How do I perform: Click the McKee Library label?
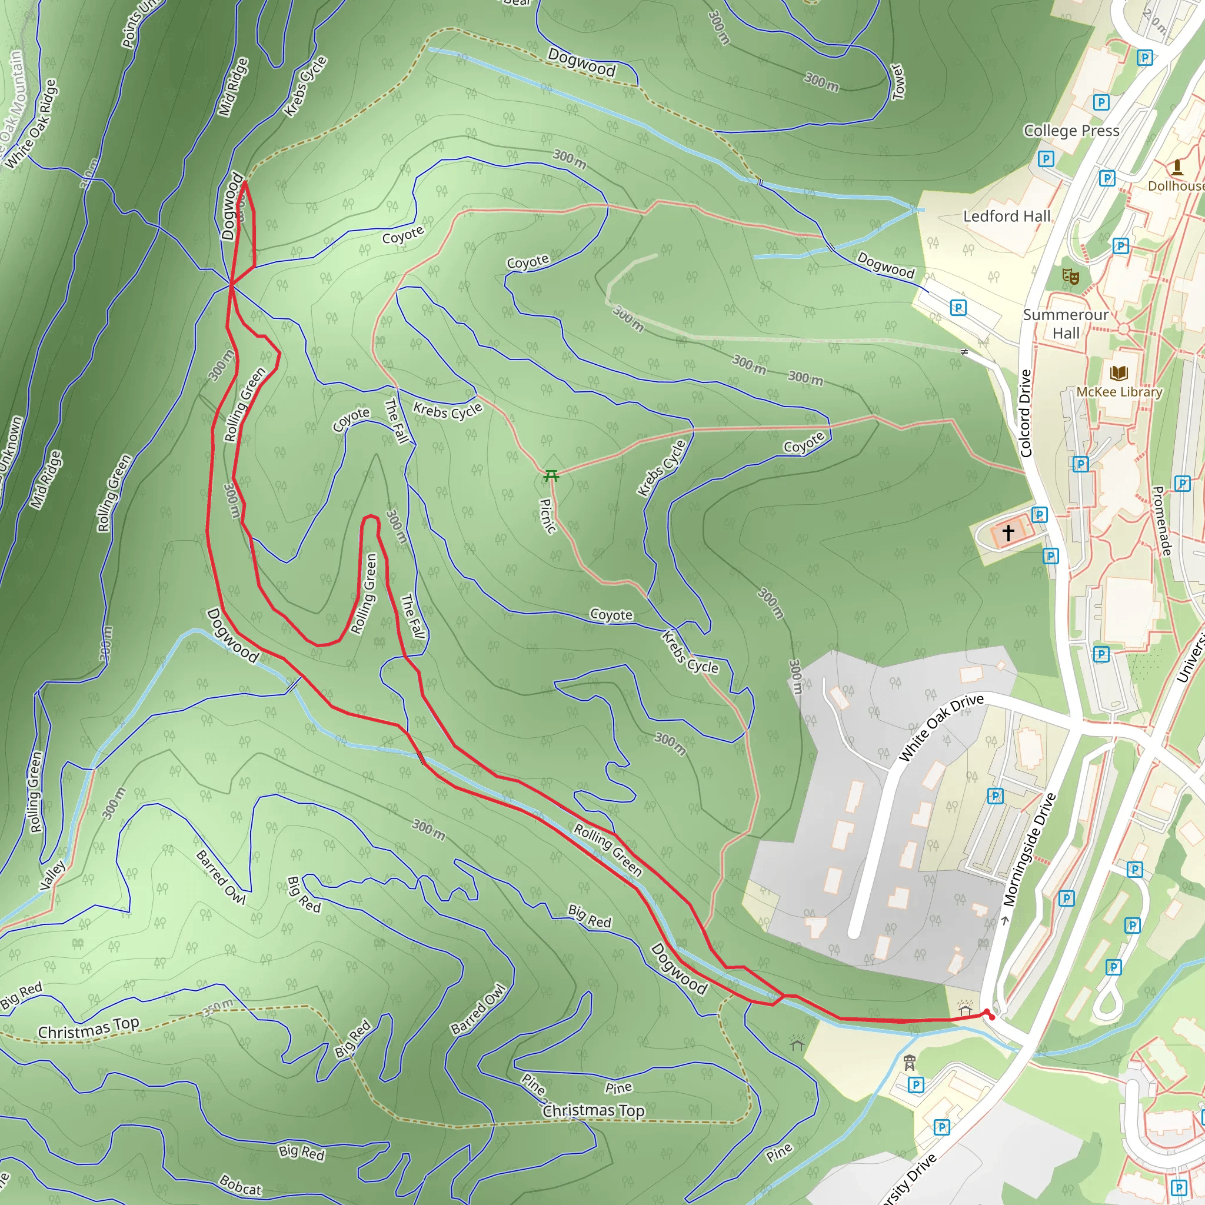[1119, 392]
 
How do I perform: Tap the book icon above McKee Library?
[1119, 373]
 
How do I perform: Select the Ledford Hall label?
[1007, 216]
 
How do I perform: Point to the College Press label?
[1071, 131]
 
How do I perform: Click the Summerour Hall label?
[1066, 324]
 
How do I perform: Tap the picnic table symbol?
[551, 476]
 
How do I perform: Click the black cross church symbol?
[1008, 532]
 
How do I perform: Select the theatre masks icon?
[1070, 276]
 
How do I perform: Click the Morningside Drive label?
[1030, 850]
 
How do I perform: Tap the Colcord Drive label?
[1026, 413]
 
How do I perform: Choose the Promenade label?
[1161, 521]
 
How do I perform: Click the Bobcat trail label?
[240, 1185]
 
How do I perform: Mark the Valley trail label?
[53, 875]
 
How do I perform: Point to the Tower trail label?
[897, 81]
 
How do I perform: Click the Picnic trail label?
[547, 516]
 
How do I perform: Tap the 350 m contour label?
[218, 1007]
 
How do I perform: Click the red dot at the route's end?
[991, 1018]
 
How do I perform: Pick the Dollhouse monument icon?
[1177, 167]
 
